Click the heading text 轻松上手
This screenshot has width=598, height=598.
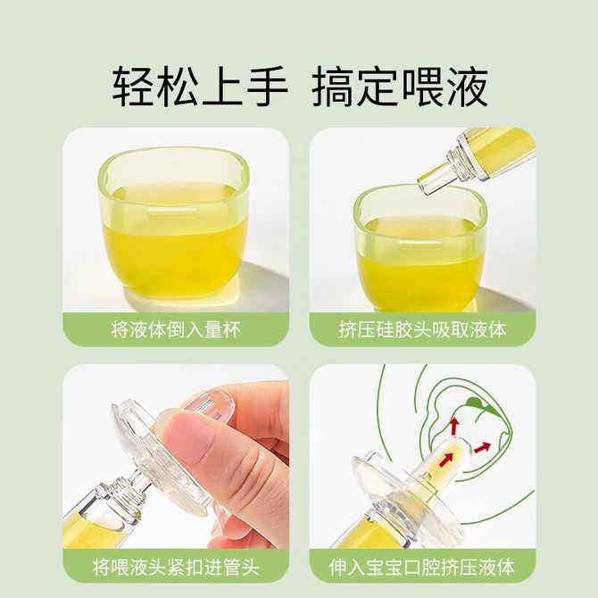(x=200, y=87)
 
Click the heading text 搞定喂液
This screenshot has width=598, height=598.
(x=400, y=87)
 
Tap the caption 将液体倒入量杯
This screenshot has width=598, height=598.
(x=176, y=329)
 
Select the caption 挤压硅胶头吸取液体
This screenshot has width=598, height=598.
(x=422, y=329)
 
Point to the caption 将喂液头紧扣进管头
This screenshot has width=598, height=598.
(x=176, y=567)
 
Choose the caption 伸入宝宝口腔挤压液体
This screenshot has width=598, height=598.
(x=422, y=567)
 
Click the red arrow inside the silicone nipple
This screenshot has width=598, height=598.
(x=447, y=459)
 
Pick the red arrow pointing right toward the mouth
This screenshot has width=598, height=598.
(x=483, y=447)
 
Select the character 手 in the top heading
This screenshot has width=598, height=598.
(x=267, y=87)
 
